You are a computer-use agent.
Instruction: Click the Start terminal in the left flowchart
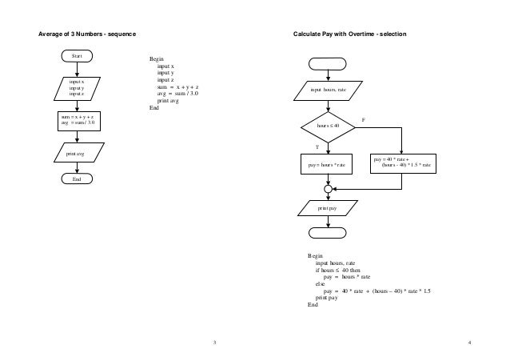pos(77,57)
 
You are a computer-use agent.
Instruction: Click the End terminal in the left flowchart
pos(77,179)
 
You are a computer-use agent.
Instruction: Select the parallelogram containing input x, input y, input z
pos(77,88)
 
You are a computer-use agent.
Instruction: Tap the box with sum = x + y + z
pos(77,121)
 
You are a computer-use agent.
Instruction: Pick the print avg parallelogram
pos(76,151)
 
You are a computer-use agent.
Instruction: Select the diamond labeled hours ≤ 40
pos(328,126)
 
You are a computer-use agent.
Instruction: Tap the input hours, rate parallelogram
pos(328,91)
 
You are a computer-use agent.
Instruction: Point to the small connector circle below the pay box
pos(328,189)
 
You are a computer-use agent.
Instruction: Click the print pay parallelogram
pos(328,208)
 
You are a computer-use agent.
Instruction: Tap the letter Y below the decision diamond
pos(317,147)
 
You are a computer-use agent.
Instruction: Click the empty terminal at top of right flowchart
pos(328,63)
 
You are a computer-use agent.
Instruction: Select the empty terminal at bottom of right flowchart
pos(328,233)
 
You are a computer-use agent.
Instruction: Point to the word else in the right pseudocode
pos(320,283)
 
